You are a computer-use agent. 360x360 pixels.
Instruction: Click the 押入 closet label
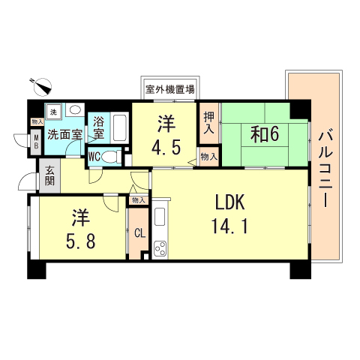(208, 123)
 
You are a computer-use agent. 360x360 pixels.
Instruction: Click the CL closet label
(139, 232)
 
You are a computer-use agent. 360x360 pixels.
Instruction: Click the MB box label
(34, 142)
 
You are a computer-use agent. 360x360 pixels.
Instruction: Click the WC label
(94, 157)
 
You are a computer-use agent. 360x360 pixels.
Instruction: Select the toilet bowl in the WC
(110, 157)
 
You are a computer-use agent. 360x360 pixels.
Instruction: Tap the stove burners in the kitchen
(160, 250)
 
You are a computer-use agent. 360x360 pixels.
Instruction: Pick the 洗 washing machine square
(52, 111)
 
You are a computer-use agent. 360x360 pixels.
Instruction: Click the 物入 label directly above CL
(138, 199)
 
